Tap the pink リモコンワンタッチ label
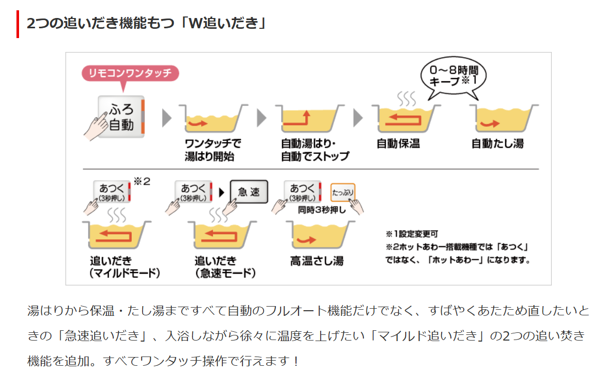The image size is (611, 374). [130, 73]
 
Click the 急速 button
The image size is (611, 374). [249, 192]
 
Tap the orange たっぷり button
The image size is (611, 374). [342, 192]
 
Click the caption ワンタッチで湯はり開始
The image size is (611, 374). [212, 150]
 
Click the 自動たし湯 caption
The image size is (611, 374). [497, 144]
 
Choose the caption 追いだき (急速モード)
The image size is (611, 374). [225, 266]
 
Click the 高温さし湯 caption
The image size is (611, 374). [317, 261]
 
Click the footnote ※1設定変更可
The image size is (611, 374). [412, 234]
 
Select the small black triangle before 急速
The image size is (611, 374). [222, 192]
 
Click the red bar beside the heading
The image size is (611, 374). [18, 24]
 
